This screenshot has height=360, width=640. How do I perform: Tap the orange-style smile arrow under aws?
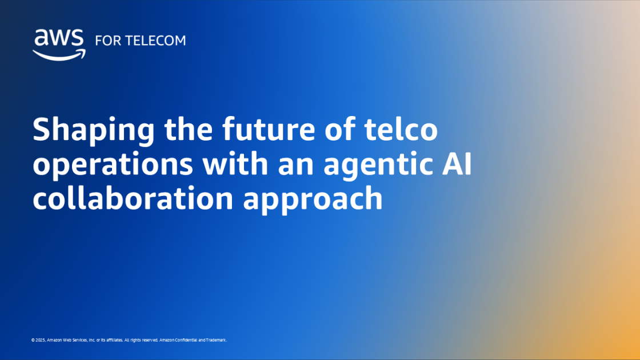coord(59,54)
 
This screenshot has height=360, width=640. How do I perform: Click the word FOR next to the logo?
coord(106,41)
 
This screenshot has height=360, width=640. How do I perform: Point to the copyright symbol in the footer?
coord(33,340)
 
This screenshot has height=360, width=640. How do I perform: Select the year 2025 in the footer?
coord(40,340)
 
